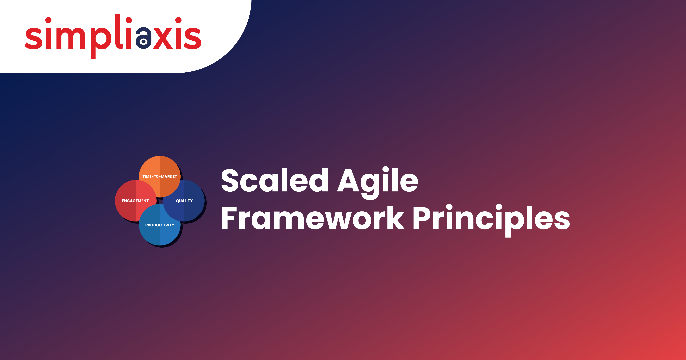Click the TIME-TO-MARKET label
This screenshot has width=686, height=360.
[160, 177]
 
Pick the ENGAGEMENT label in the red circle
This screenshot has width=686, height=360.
[135, 201]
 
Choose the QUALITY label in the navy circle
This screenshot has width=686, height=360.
[184, 201]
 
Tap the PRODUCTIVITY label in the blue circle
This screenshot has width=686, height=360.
[160, 225]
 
